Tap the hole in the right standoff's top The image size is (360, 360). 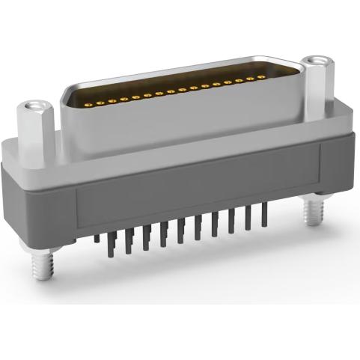316,60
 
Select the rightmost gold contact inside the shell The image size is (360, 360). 267,76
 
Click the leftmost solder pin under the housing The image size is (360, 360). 97,240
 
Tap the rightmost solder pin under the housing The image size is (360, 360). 263,215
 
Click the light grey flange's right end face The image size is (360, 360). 347,127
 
